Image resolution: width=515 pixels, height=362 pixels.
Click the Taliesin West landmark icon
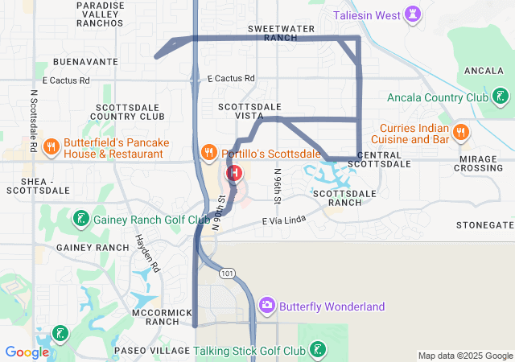click(x=414, y=15)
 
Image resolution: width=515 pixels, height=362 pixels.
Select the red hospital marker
click(x=234, y=173)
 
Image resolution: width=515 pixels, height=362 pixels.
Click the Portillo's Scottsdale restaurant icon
click(x=208, y=152)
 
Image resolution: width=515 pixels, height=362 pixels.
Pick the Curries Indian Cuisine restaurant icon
click(x=461, y=132)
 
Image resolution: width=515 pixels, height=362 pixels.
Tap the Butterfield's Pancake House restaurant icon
click(x=51, y=146)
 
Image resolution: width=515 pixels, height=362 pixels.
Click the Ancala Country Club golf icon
click(x=501, y=97)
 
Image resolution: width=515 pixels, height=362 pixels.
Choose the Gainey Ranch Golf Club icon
click(x=80, y=219)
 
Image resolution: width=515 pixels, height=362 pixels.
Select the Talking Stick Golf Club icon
click(x=319, y=350)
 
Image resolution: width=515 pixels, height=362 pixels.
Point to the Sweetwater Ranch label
click(x=281, y=33)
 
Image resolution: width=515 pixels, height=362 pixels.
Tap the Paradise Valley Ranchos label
click(x=100, y=14)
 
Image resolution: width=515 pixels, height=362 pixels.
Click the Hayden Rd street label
click(x=147, y=253)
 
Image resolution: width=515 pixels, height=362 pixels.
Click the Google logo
click(x=27, y=352)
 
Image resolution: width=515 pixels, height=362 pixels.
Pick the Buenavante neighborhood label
click(x=85, y=61)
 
